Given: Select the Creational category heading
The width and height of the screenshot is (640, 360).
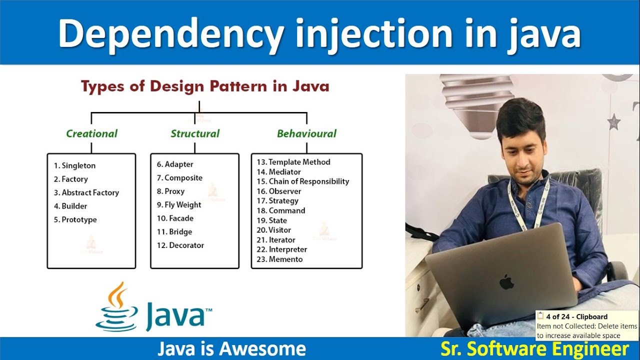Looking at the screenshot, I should pyautogui.click(x=91, y=133).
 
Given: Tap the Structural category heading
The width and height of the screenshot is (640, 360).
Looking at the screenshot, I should pyautogui.click(x=195, y=133).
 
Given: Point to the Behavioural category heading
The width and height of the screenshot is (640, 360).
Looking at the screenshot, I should pyautogui.click(x=306, y=133).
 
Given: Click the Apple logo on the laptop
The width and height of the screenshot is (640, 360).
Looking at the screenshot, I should pyautogui.click(x=506, y=281).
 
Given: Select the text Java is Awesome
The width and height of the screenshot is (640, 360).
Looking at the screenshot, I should pyautogui.click(x=231, y=348).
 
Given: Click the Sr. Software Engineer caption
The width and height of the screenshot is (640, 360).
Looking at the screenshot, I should pyautogui.click(x=534, y=348).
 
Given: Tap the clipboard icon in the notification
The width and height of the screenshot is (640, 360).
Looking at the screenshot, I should pyautogui.click(x=540, y=315).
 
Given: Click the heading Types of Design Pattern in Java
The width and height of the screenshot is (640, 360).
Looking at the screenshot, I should pyautogui.click(x=205, y=86).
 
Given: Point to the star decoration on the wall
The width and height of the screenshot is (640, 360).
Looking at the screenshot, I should pyautogui.click(x=613, y=121).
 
